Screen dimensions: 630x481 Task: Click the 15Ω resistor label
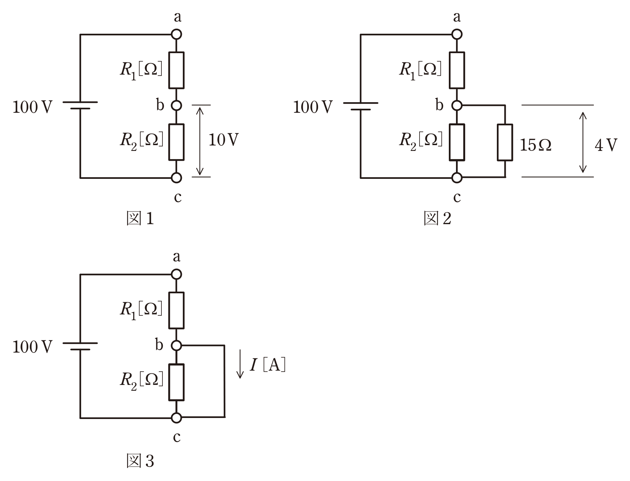click(x=536, y=145)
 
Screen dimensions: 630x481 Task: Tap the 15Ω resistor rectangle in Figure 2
click(x=505, y=142)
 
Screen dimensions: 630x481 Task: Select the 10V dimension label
click(x=223, y=140)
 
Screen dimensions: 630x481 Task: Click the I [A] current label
click(x=268, y=365)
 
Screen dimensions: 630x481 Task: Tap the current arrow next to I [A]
click(x=240, y=363)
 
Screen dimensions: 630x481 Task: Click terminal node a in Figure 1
click(x=176, y=34)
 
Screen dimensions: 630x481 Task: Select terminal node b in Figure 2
click(x=457, y=106)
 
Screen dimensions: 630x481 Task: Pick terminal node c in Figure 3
click(x=176, y=418)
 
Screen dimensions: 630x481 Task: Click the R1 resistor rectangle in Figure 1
click(x=176, y=70)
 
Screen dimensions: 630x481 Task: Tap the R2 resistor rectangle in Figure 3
click(x=176, y=382)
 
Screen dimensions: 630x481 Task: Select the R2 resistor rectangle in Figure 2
click(x=457, y=142)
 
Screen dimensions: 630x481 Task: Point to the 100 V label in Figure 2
click(x=313, y=107)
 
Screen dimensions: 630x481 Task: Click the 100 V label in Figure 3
click(x=32, y=347)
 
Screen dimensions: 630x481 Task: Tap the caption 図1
click(x=140, y=218)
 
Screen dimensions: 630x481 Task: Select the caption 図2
click(x=437, y=218)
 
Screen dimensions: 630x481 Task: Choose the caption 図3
click(x=140, y=461)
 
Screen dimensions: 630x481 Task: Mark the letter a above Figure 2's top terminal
click(x=457, y=17)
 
